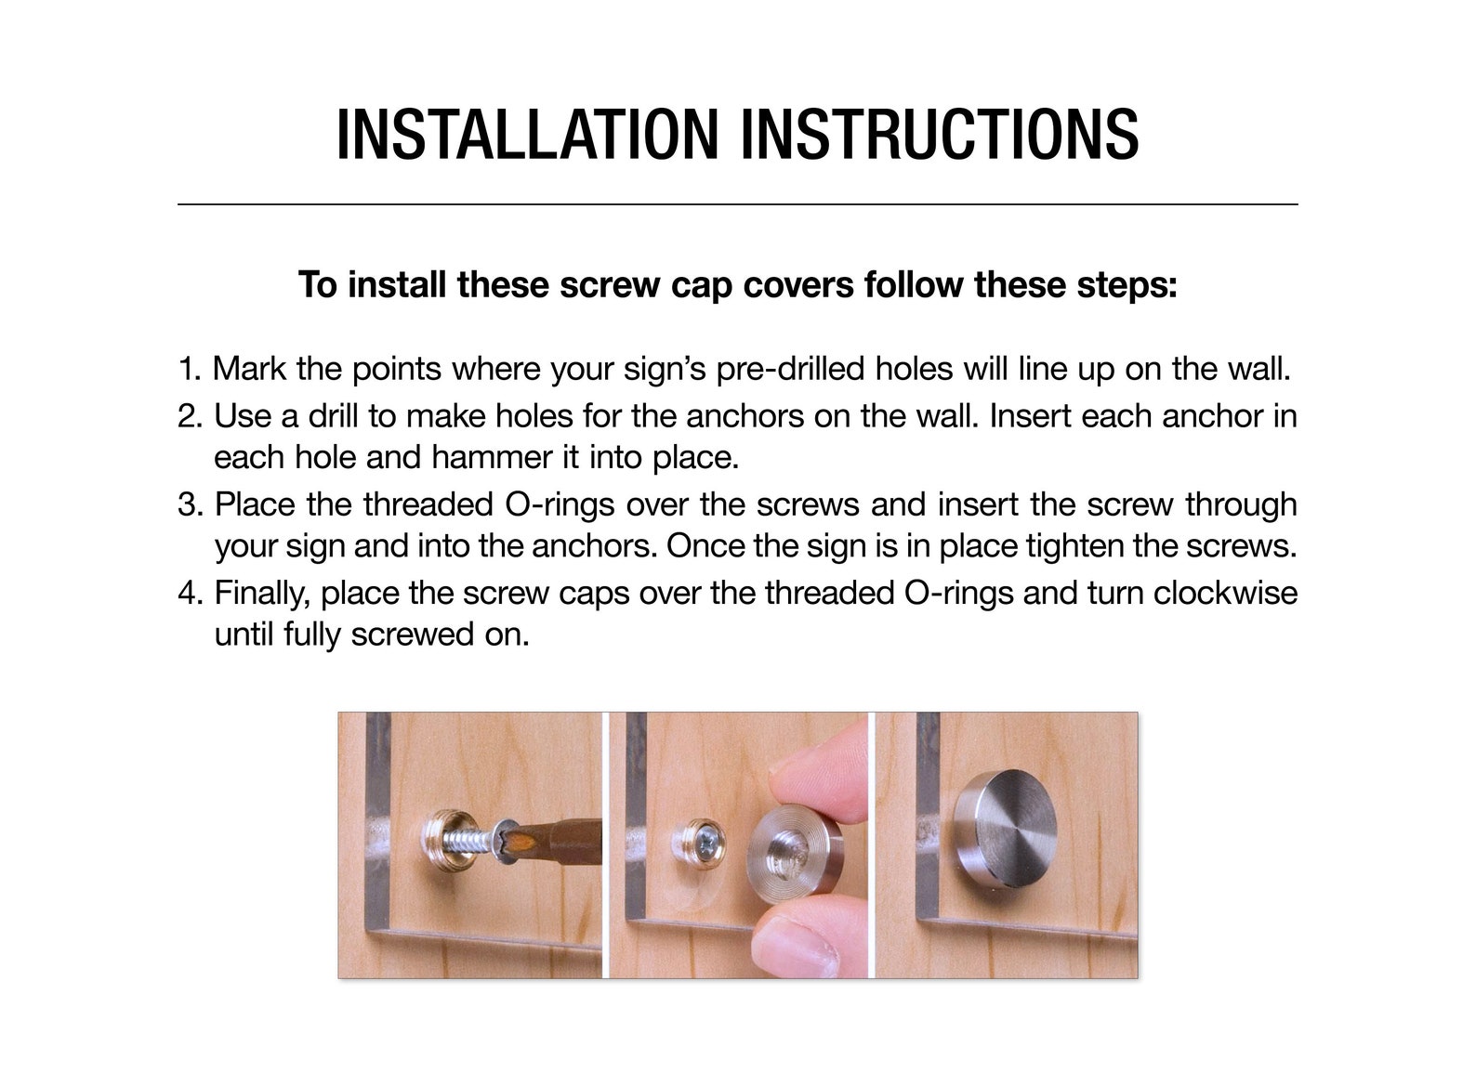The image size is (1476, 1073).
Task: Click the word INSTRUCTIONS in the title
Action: [941, 134]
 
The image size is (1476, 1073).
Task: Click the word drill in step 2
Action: [334, 416]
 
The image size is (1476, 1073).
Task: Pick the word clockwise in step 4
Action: [1225, 593]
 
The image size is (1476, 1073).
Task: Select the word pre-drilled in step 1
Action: [790, 369]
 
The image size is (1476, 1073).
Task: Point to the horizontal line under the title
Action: [738, 205]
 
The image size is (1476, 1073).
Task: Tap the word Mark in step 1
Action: [249, 369]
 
